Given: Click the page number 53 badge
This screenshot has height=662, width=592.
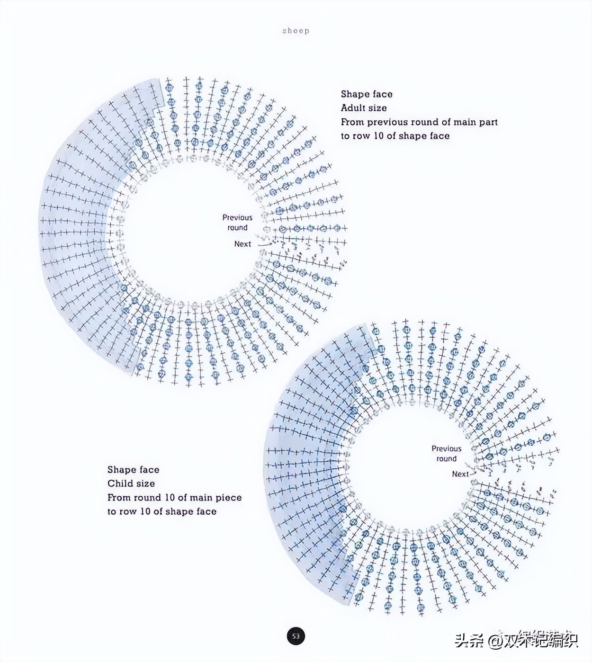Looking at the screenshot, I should point(296,635).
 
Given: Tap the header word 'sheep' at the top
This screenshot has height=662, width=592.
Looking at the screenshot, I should point(296,31).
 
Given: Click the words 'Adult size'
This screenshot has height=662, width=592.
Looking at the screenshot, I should point(363,108).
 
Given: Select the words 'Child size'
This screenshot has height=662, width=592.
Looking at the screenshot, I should point(131,483).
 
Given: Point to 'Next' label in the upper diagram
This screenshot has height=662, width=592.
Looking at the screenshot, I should point(242,244).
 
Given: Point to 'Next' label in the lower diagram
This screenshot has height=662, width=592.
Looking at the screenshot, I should point(460,474).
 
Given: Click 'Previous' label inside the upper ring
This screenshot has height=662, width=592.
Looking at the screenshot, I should point(237,217).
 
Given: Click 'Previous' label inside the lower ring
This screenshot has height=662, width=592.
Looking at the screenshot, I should point(446,448).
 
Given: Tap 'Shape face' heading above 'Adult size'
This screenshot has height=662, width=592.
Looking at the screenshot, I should point(367,94).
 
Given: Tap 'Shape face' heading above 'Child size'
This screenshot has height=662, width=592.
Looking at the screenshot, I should point(133,470).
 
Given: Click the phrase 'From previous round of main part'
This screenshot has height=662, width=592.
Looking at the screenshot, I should point(419,122).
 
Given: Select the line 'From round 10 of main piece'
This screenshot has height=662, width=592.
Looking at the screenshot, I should point(174,498).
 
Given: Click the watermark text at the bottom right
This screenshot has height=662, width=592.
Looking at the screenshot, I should point(516,641).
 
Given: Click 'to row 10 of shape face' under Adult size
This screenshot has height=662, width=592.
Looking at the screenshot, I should point(395,136).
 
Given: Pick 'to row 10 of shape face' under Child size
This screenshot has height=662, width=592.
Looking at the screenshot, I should point(161,511).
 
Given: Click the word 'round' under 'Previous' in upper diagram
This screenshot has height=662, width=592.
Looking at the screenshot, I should point(237,228).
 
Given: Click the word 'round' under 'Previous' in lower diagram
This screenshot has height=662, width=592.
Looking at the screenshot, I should point(446,459).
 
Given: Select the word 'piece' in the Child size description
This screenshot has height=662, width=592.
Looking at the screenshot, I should point(229,498).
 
